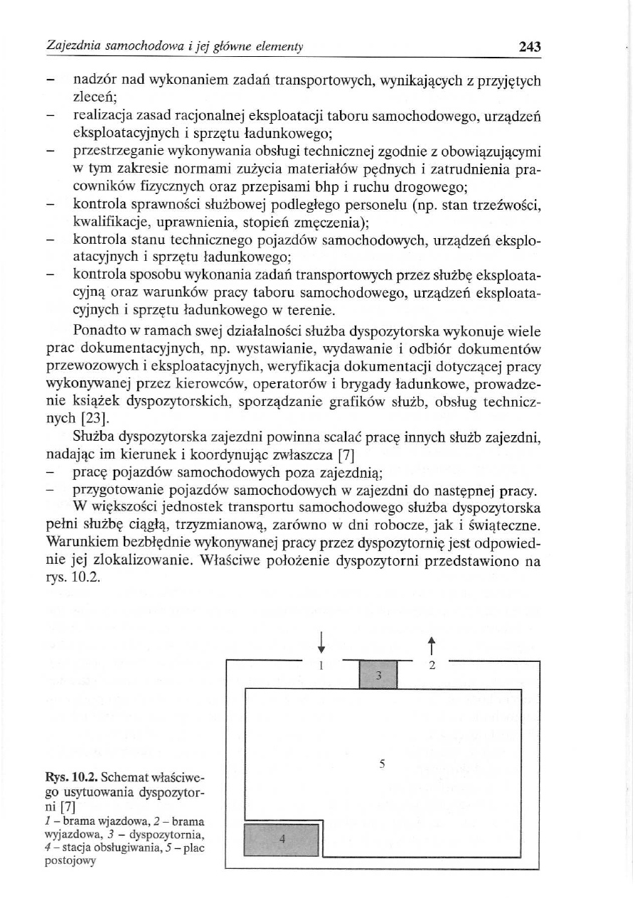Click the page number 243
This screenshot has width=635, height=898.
pos(530,47)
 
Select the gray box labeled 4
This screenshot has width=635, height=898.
pos(282,840)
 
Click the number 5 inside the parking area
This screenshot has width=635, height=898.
pos(382,765)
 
